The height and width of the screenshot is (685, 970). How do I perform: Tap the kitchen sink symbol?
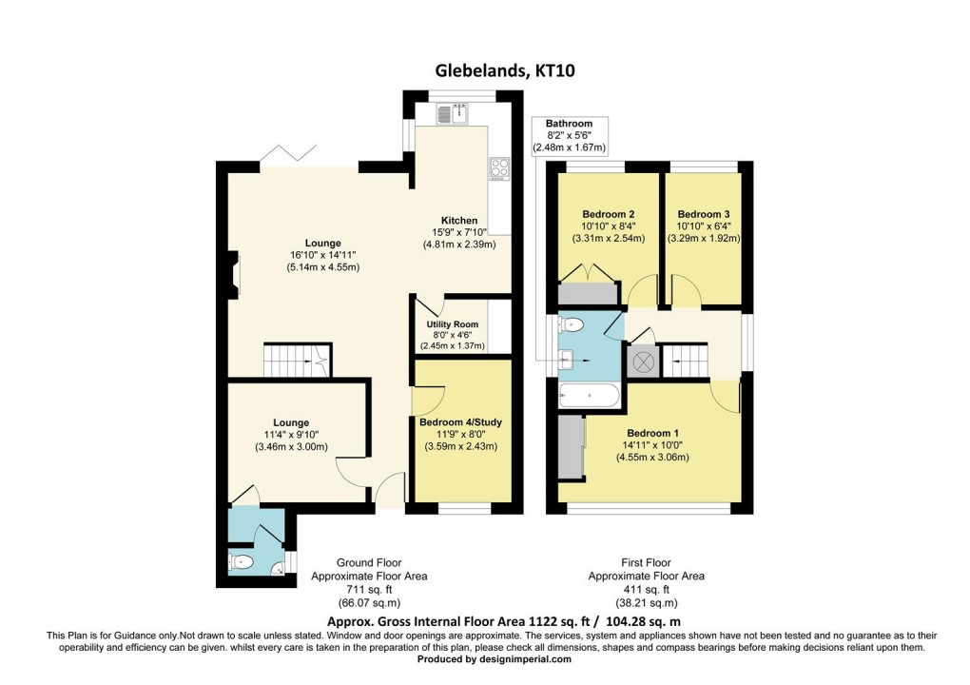click(x=450, y=114)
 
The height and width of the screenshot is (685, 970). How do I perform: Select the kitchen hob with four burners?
click(x=498, y=168)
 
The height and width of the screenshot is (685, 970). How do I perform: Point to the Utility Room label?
click(x=452, y=324)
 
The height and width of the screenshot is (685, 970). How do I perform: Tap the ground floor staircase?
click(x=295, y=361)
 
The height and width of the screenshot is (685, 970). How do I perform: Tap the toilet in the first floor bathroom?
click(x=570, y=324)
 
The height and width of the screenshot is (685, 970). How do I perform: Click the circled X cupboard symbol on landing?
click(x=642, y=362)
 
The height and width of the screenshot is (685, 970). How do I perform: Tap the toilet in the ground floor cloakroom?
click(x=239, y=562)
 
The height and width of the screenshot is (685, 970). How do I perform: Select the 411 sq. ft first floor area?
click(x=646, y=590)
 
